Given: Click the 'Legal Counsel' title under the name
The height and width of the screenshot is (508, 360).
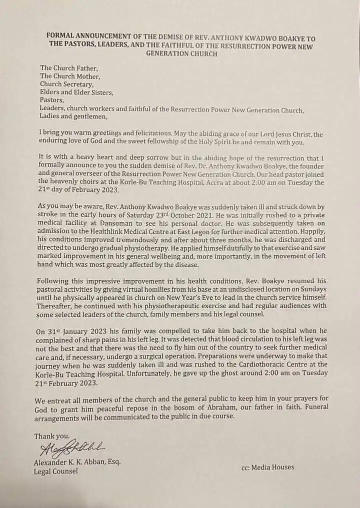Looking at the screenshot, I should [x=55, y=471].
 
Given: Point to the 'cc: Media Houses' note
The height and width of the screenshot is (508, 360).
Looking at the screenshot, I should [x=267, y=468].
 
